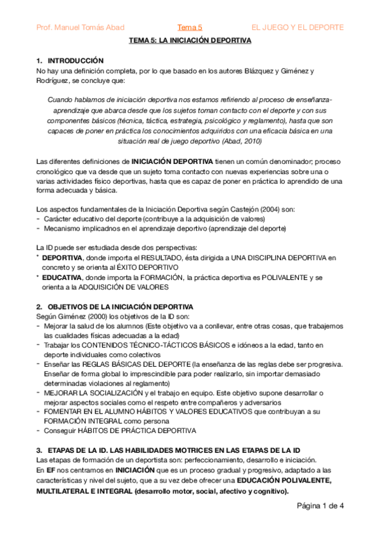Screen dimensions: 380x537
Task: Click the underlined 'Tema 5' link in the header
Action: (190, 27)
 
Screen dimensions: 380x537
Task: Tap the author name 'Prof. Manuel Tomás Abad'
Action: (81, 27)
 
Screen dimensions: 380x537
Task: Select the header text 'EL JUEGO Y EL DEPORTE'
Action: (298, 27)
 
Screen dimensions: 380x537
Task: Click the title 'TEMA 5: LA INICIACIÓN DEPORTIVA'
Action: (190, 40)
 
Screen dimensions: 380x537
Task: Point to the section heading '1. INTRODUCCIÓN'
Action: (70, 60)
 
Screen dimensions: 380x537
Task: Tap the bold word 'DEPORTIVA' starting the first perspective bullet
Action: (62, 258)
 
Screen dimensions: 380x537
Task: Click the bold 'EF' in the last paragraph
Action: (41, 471)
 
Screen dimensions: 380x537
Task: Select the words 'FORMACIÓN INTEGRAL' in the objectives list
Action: (79, 420)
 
